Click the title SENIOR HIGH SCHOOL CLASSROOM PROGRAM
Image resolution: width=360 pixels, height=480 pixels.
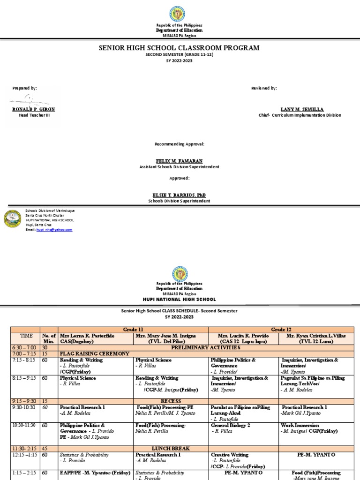tap(178, 48)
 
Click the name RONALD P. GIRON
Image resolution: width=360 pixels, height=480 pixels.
tap(33, 109)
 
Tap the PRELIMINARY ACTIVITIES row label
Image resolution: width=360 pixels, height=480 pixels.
tap(206, 348)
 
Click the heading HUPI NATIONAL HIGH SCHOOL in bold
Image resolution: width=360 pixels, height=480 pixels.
tap(180, 299)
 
